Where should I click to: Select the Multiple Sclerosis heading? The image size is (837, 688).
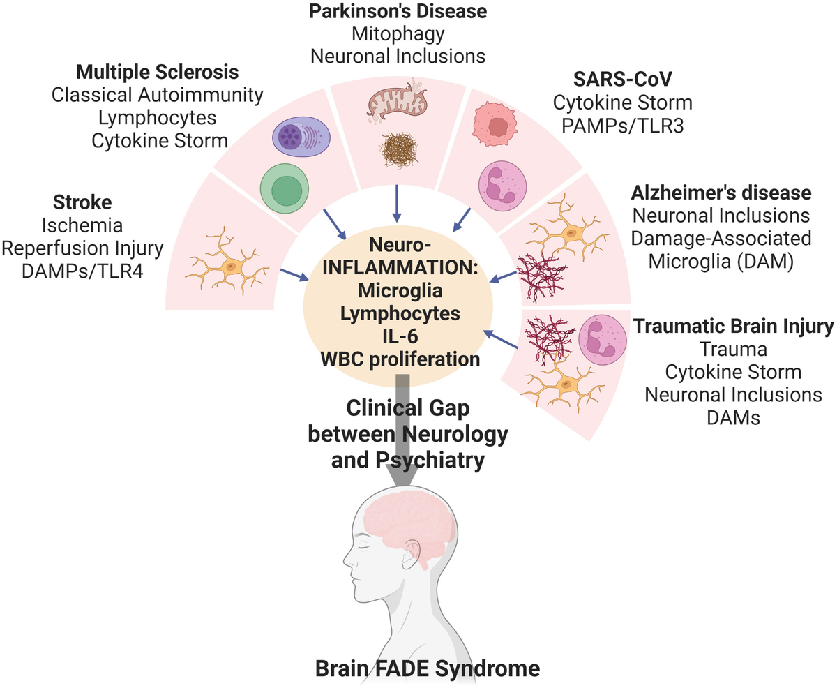point(157,73)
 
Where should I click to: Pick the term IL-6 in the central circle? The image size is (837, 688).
point(400,337)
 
